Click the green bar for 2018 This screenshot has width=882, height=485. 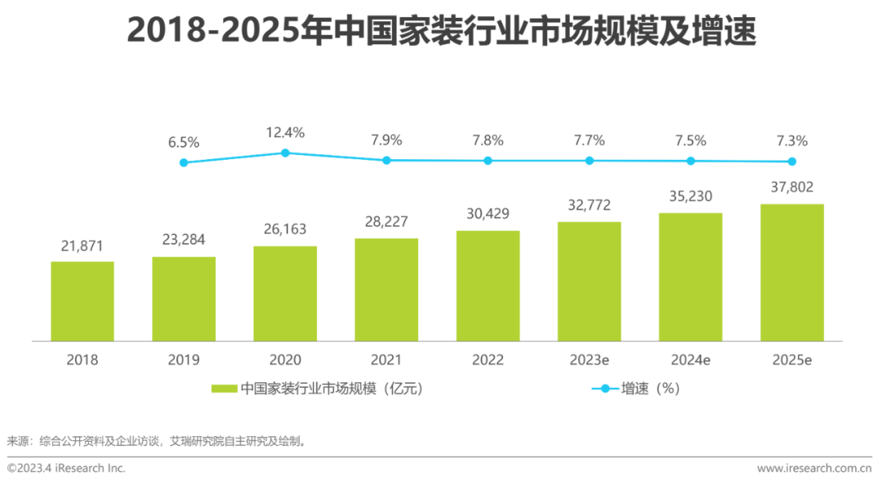click(x=82, y=301)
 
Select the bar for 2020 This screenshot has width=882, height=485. click(x=285, y=293)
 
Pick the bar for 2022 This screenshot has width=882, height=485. click(x=488, y=286)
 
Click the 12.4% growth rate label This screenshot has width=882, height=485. click(x=285, y=132)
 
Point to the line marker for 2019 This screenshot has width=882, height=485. click(x=184, y=162)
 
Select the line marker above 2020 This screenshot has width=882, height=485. click(x=285, y=153)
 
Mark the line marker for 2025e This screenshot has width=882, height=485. click(x=791, y=162)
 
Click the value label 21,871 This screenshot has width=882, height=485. click(x=82, y=246)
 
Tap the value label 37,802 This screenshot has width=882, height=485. click(x=791, y=188)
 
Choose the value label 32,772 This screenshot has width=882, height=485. click(x=589, y=205)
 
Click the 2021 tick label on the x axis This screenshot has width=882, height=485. click(x=386, y=360)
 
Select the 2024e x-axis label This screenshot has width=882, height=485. click(x=690, y=360)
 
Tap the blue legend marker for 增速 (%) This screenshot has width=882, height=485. click(x=604, y=389)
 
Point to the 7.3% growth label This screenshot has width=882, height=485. click(x=791, y=140)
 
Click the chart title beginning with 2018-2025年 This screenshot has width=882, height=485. click(x=441, y=32)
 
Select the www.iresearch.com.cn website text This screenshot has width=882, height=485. click(x=814, y=468)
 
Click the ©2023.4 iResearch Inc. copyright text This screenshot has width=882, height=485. click(x=67, y=468)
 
